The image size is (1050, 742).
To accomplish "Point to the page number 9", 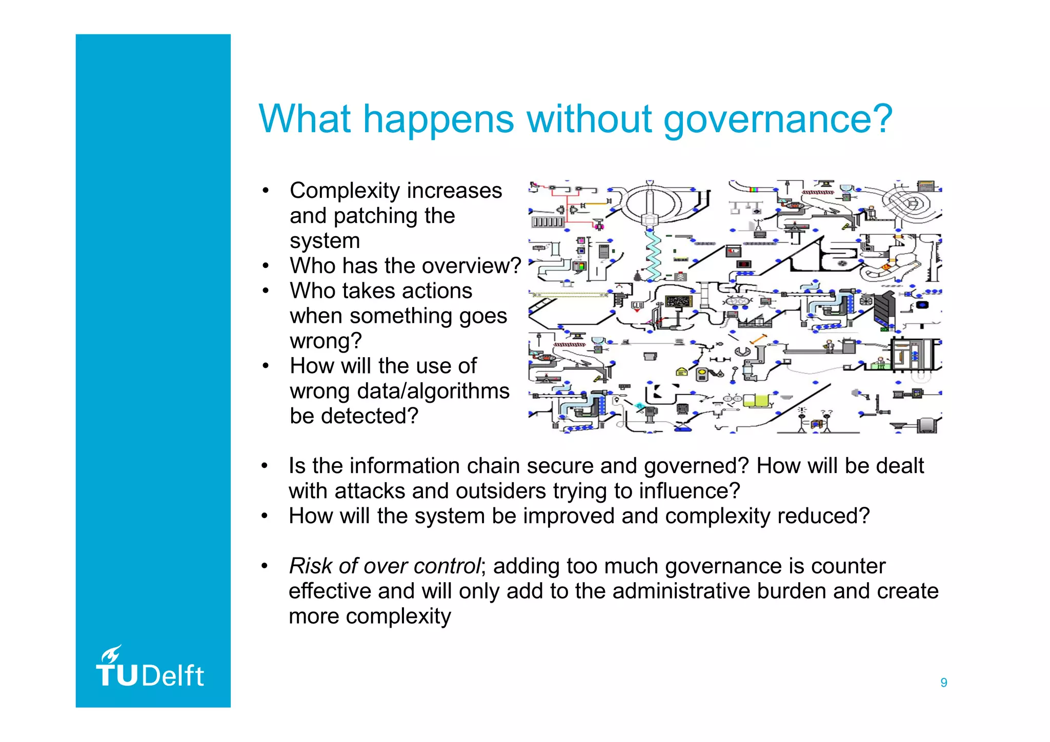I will click(x=943, y=683).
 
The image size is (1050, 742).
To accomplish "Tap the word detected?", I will click(x=370, y=416).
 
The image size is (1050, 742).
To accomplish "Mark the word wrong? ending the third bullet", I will click(x=326, y=341).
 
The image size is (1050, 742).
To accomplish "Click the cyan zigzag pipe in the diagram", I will click(x=652, y=255).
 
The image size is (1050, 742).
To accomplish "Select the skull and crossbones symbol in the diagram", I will click(x=680, y=277).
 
